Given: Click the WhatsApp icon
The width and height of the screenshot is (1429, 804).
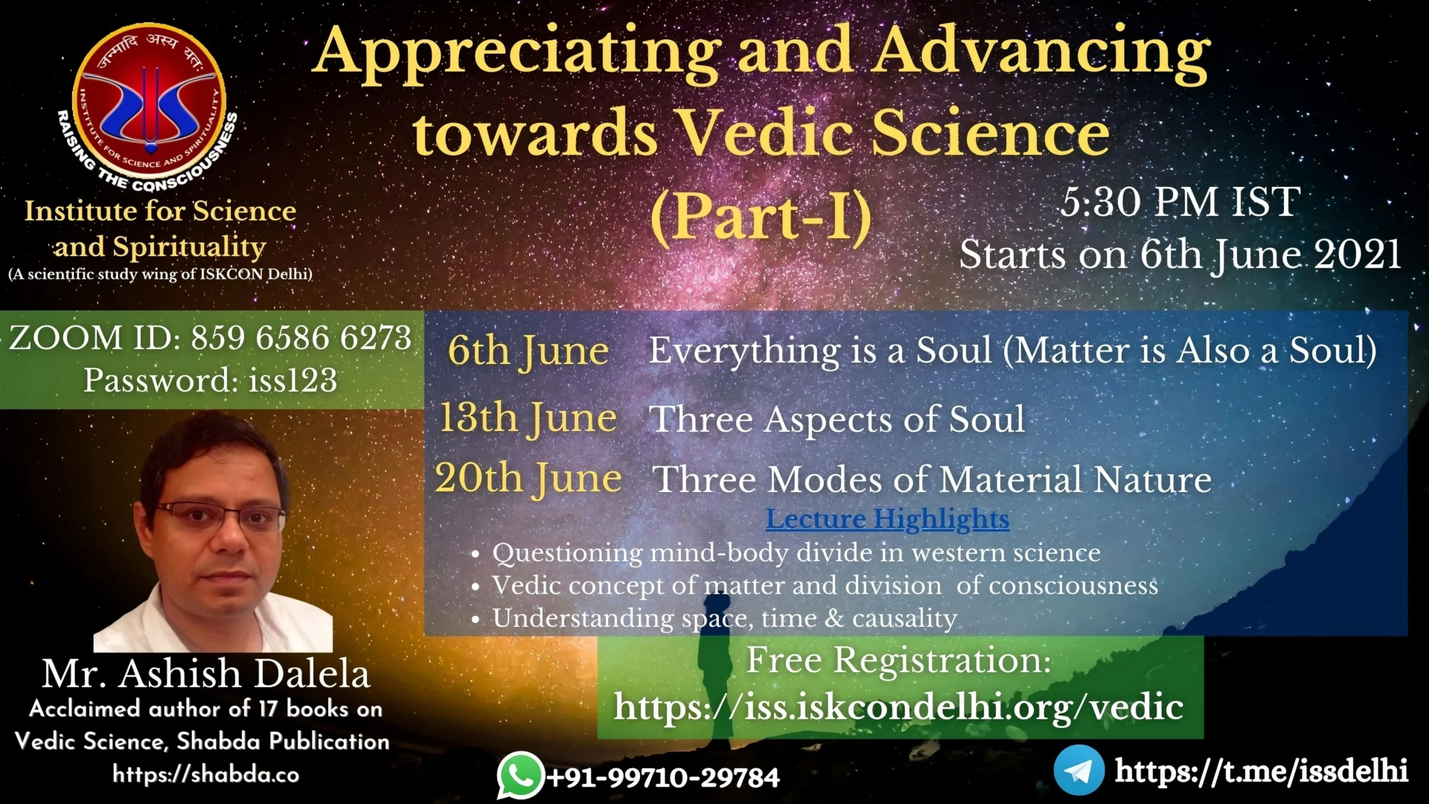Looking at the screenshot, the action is [x=520, y=775].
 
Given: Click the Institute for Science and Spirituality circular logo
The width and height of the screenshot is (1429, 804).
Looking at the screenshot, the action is [x=150, y=104].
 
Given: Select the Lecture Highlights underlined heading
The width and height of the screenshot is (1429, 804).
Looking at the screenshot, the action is [x=888, y=519].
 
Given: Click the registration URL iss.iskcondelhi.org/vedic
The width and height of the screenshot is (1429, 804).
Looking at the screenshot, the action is [x=899, y=707].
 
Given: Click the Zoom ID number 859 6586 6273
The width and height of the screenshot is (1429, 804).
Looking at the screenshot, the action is [x=301, y=338].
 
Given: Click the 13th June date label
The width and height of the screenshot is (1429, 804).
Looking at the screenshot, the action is [x=528, y=419].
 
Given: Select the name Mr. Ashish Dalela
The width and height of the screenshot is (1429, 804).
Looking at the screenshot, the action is [x=206, y=674].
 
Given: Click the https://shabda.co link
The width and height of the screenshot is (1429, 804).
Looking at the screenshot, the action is [x=206, y=774].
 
